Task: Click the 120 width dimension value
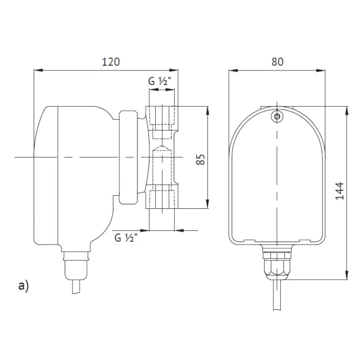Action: click(111, 61)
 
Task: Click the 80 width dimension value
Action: click(278, 61)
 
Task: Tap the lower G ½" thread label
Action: click(126, 238)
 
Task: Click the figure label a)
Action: click(23, 285)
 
